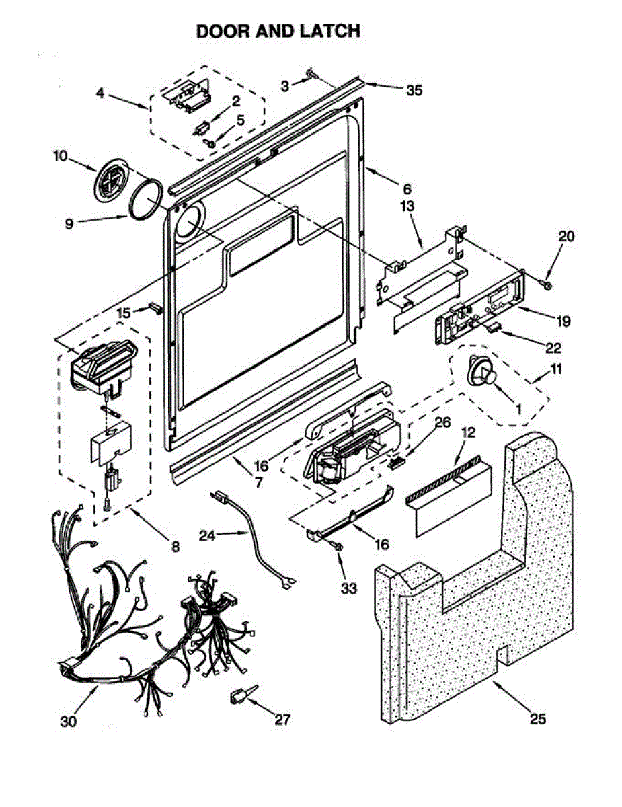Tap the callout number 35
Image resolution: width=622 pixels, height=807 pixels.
click(414, 90)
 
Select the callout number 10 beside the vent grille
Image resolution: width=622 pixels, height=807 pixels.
click(60, 156)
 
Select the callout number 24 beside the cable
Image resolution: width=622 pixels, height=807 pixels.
click(208, 535)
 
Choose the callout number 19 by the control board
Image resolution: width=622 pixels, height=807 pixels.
click(563, 321)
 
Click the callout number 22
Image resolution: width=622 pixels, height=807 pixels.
click(553, 348)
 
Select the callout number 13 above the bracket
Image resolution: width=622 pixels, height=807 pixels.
click(407, 206)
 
